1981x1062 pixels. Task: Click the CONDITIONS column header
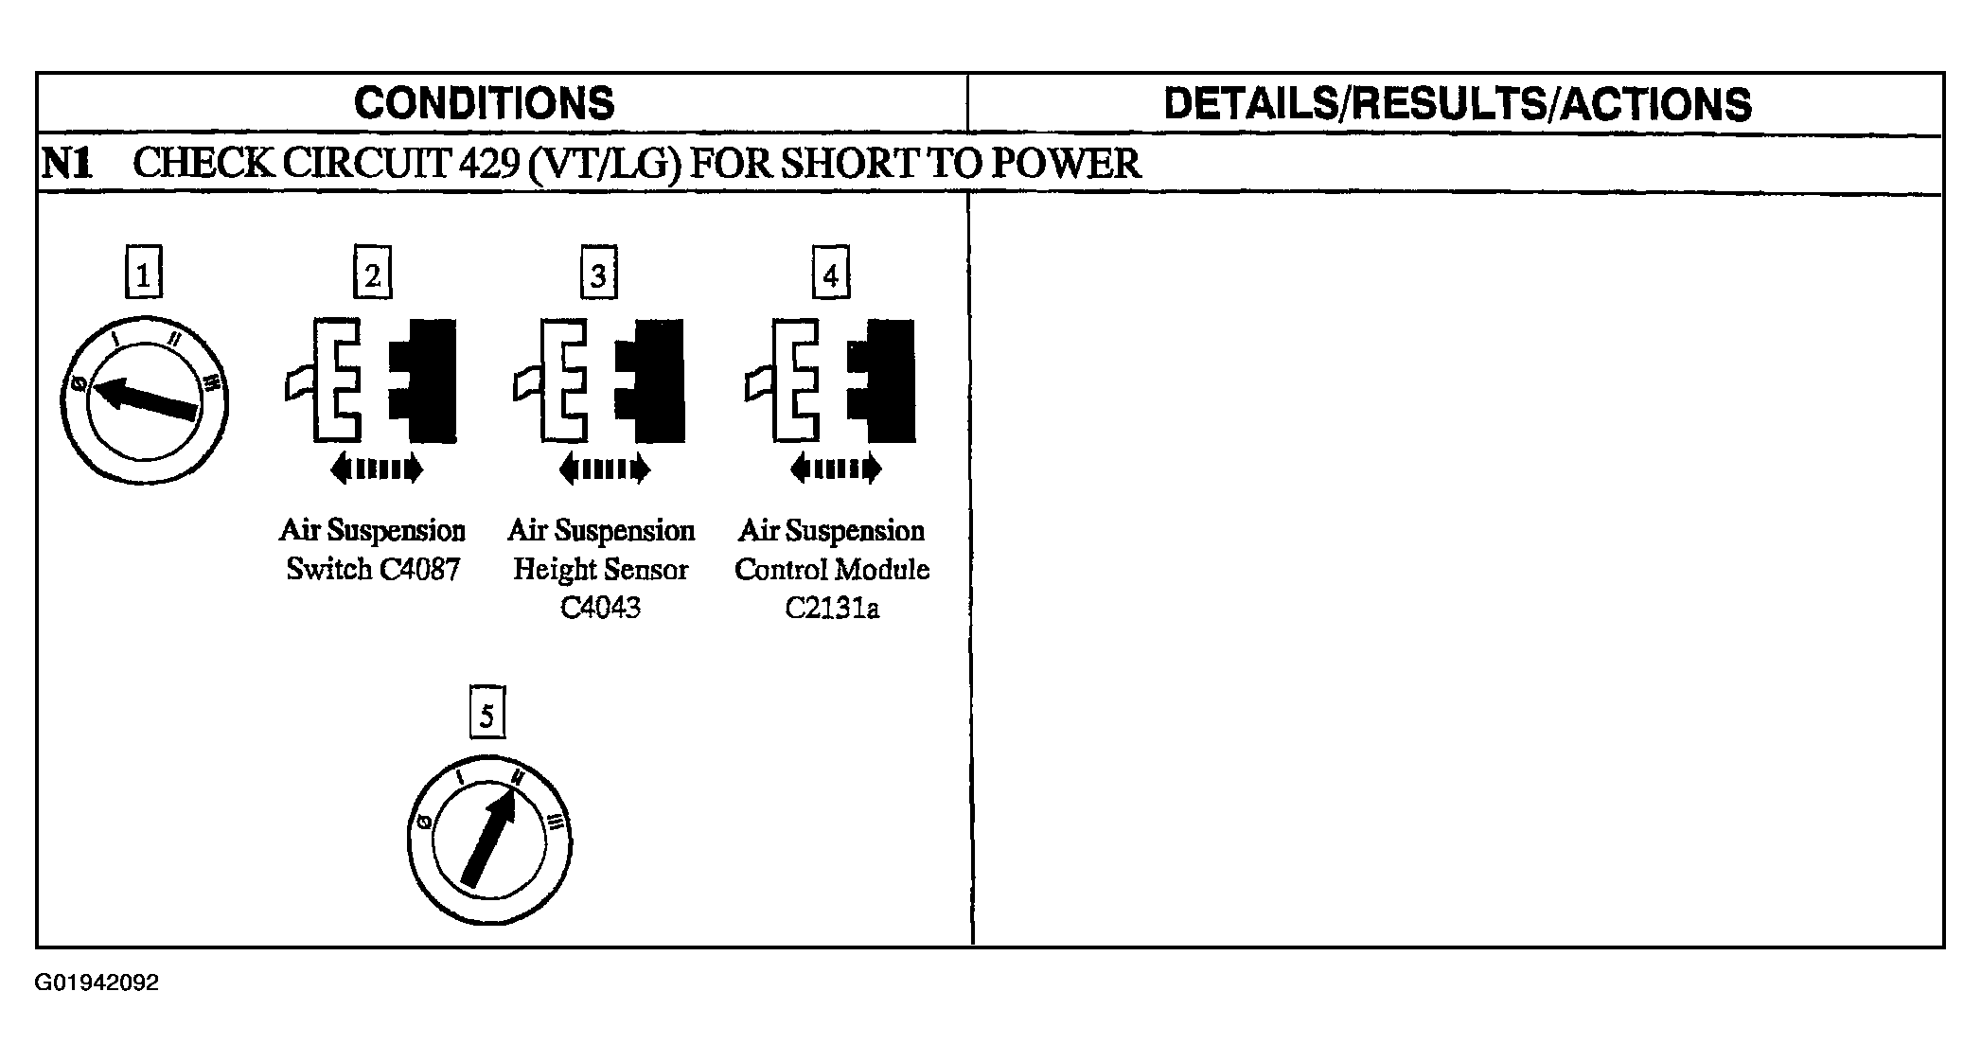pos(484,103)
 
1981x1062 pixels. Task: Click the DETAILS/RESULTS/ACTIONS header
pos(1457,103)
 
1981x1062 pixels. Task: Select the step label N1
pos(67,164)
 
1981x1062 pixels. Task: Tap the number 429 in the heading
pos(487,164)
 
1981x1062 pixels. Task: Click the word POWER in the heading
pos(1065,164)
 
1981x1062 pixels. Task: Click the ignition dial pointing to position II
pos(489,840)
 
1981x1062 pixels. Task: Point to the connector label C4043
pos(600,608)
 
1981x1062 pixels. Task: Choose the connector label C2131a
pos(832,608)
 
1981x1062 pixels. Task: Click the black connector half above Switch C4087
pos(425,381)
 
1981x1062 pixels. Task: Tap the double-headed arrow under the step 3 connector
pos(605,469)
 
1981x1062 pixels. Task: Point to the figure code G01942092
pos(97,982)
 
